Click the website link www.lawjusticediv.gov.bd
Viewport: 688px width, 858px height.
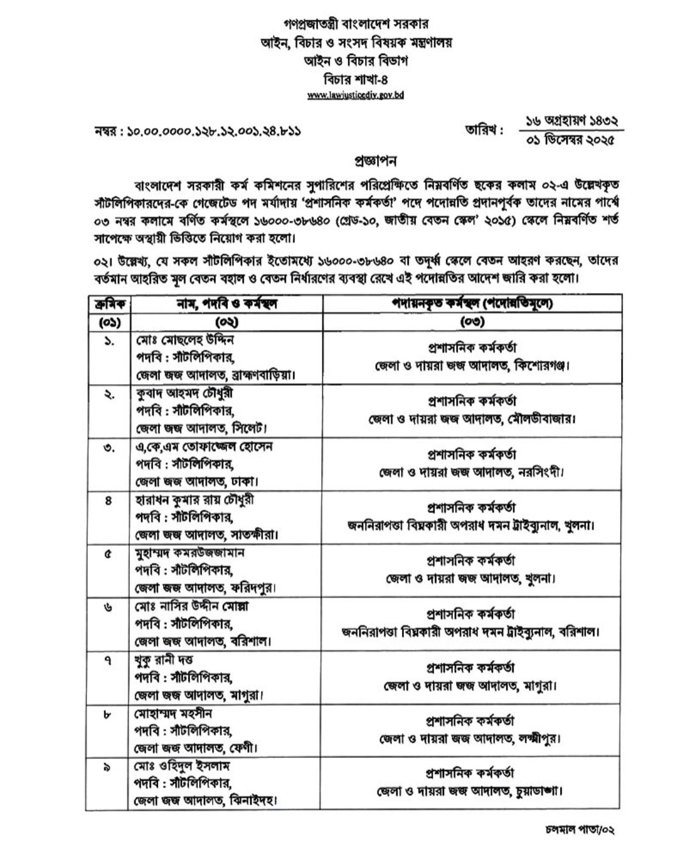click(x=355, y=95)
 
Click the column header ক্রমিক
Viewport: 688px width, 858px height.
click(x=108, y=304)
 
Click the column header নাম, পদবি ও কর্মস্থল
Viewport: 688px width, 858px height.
click(x=227, y=304)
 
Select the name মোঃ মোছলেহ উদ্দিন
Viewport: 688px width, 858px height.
click(x=184, y=340)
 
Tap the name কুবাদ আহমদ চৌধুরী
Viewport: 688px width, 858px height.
click(x=189, y=394)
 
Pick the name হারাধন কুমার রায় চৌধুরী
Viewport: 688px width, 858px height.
click(x=195, y=500)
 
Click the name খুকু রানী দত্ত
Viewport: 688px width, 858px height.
click(x=164, y=659)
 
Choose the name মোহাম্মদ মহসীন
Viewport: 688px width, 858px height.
click(x=173, y=713)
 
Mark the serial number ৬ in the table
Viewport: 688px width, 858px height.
click(x=108, y=607)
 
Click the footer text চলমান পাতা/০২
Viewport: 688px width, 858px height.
click(x=580, y=830)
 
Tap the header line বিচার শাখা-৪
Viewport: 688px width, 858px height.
click(x=355, y=80)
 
